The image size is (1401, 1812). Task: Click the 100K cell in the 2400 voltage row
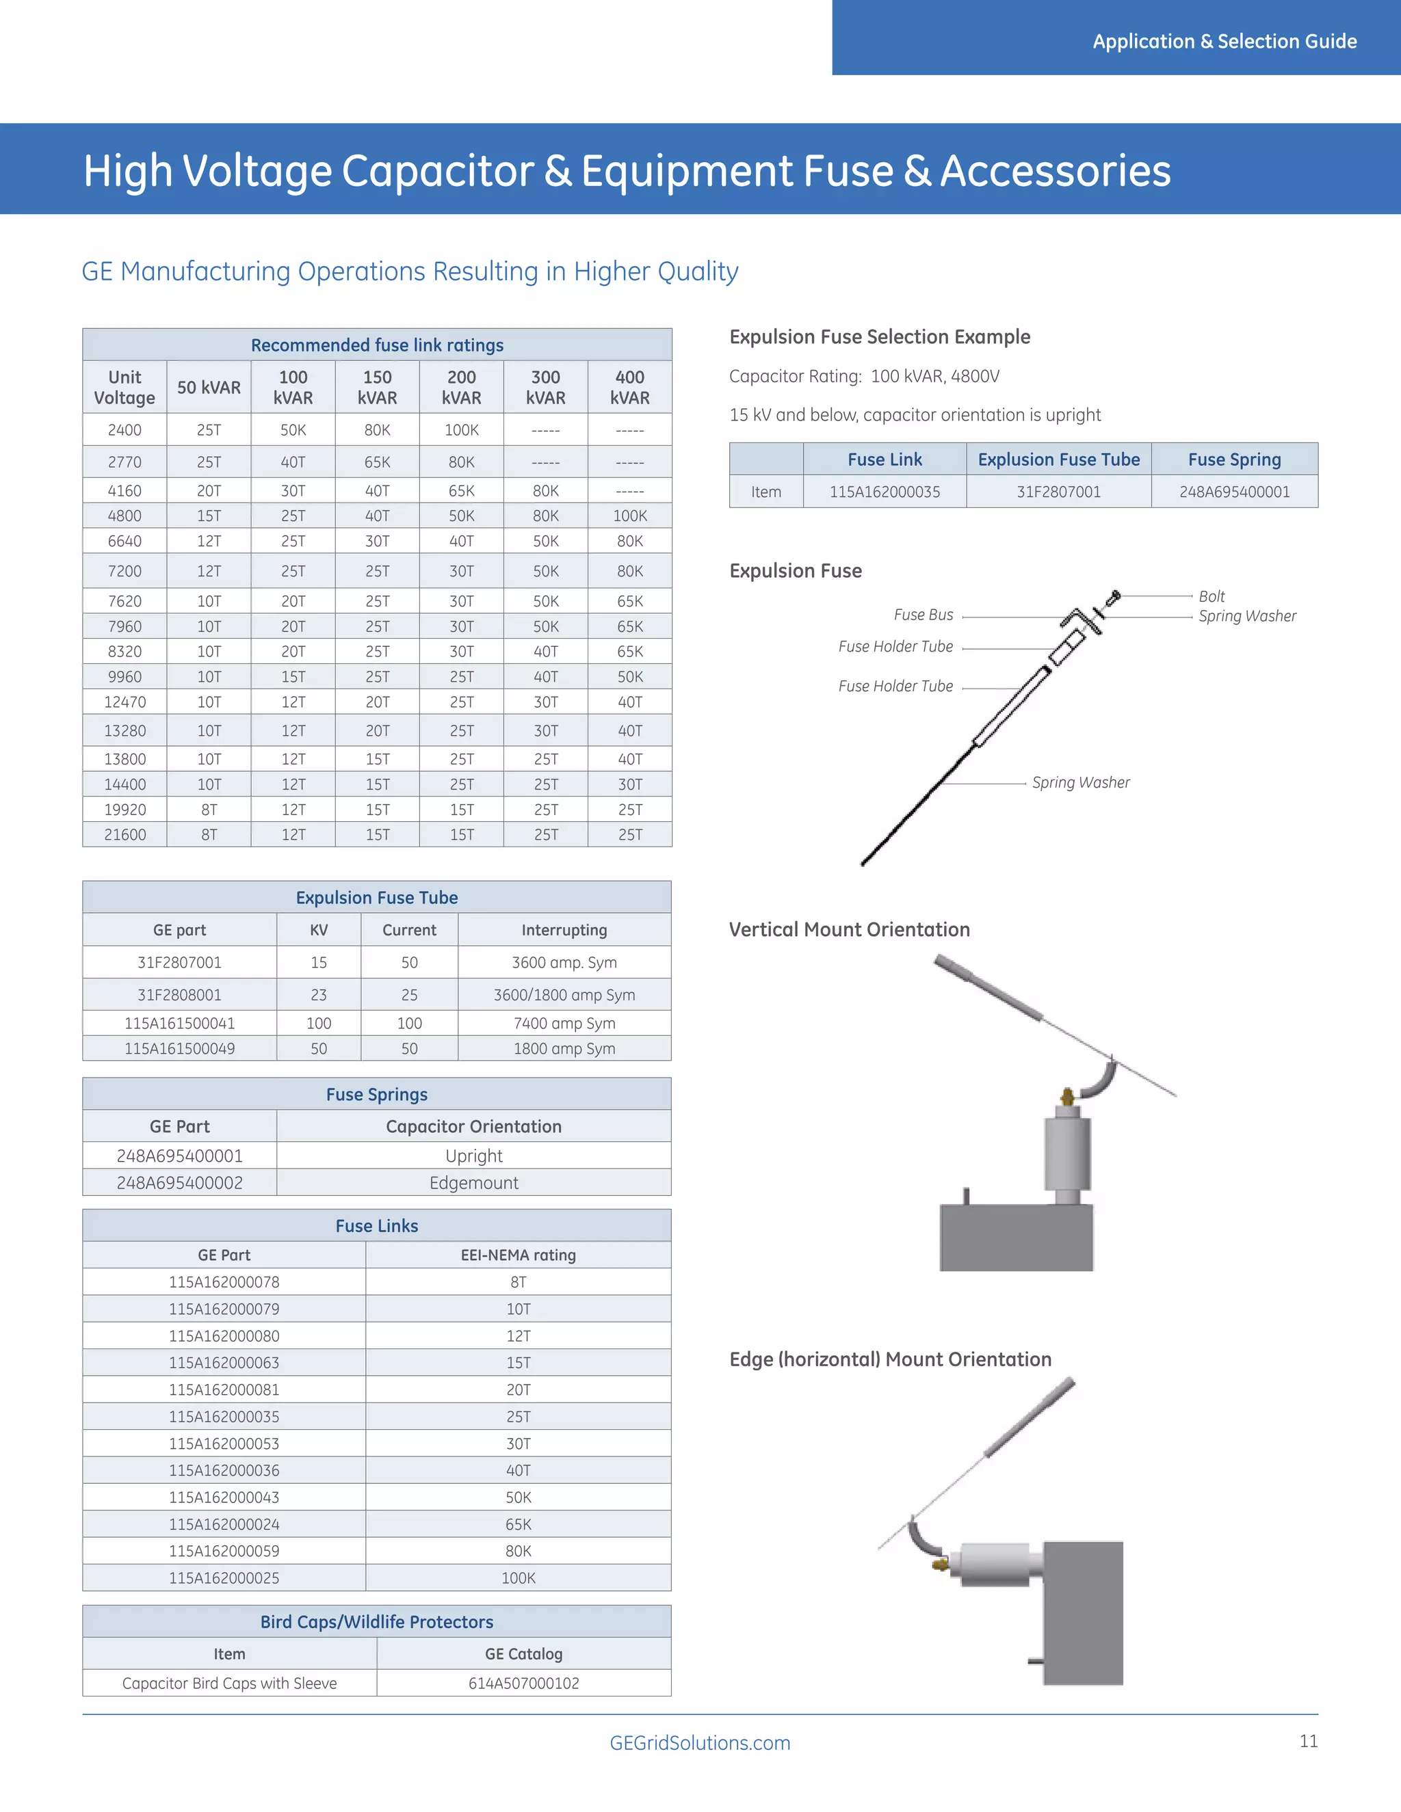click(462, 430)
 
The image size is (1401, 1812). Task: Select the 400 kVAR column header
click(629, 388)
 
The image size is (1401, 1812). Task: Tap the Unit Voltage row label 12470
click(125, 702)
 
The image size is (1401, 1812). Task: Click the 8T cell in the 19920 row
click(209, 810)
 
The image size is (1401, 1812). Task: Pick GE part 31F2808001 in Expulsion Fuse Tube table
click(179, 995)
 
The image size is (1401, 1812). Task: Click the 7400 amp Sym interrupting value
click(564, 1023)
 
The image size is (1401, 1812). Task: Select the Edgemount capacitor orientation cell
click(473, 1183)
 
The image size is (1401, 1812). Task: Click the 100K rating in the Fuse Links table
click(518, 1578)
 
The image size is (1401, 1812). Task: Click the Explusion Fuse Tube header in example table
click(1058, 459)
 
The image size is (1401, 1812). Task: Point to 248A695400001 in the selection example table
click(1234, 492)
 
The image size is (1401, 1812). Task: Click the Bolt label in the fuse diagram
click(1211, 596)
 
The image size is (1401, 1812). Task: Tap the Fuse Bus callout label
click(923, 615)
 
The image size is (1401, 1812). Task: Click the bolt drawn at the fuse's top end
click(1114, 596)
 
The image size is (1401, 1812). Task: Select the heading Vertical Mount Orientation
click(849, 929)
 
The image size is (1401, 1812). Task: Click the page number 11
click(1308, 1742)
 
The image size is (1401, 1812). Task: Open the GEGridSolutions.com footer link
click(700, 1743)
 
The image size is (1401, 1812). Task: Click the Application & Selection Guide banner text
click(1225, 42)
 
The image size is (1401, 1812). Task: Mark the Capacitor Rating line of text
click(864, 377)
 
